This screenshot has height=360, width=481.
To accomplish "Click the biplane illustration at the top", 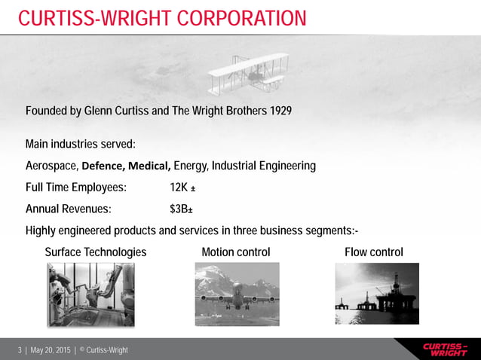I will [248, 74].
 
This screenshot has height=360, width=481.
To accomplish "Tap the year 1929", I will [278, 111].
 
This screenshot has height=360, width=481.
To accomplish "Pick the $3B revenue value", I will [180, 209].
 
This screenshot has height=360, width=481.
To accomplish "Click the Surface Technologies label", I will [96, 252].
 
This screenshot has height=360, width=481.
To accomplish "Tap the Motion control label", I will [236, 252].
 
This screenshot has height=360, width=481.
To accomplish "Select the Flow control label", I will [373, 252].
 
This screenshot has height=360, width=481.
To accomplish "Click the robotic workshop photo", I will [91, 294].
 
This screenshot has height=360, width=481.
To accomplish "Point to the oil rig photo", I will [377, 294].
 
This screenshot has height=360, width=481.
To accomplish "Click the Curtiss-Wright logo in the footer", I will [445, 349].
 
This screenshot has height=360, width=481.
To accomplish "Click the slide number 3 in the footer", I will [19, 350].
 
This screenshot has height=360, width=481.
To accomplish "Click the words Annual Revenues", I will [69, 209].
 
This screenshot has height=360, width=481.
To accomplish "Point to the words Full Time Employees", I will [76, 188].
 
